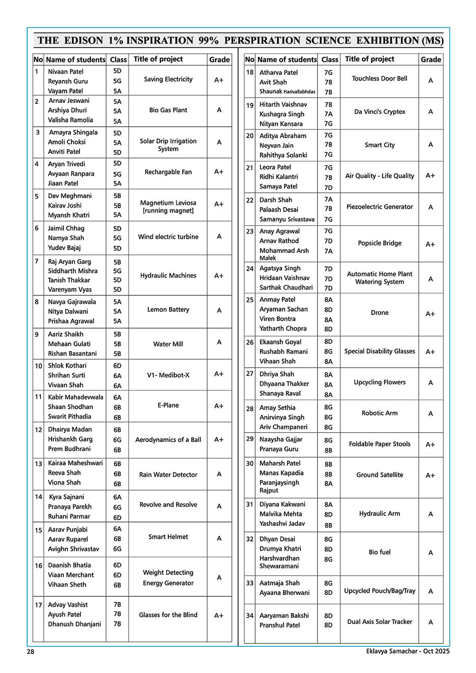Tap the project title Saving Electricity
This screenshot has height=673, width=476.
click(168, 80)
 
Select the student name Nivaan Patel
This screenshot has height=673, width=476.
click(66, 71)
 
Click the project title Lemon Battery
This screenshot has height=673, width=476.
click(168, 310)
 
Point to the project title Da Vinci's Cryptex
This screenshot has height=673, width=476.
click(379, 112)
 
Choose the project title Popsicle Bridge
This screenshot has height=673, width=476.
click(379, 243)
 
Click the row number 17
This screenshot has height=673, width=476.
click(38, 605)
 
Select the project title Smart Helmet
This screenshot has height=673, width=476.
click(168, 537)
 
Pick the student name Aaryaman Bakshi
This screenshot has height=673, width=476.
click(284, 615)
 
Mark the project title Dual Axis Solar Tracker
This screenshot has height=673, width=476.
click(379, 622)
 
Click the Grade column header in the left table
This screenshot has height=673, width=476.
click(219, 60)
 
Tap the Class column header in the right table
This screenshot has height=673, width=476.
click(329, 60)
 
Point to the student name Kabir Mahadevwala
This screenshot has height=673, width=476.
click(75, 397)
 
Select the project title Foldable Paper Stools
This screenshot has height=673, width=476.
click(379, 444)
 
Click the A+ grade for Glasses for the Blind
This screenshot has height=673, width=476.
click(218, 615)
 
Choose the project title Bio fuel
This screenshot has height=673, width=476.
click(379, 552)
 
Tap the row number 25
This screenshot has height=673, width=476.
click(249, 300)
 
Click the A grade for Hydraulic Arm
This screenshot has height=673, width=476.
click(430, 514)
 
